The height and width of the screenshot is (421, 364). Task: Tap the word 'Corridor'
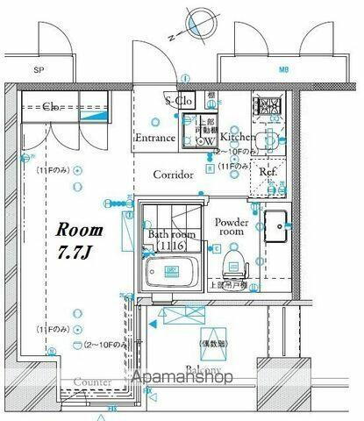pyautogui.click(x=173, y=175)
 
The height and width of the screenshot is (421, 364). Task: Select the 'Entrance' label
pyautogui.click(x=156, y=138)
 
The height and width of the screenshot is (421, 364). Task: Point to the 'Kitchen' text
pyautogui.click(x=238, y=138)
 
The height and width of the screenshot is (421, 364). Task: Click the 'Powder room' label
pyautogui.click(x=232, y=228)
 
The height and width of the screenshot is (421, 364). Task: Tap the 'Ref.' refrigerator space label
pyautogui.click(x=268, y=173)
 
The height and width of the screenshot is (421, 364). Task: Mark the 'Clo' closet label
pyautogui.click(x=51, y=106)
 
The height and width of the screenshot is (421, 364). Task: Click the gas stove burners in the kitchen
pyautogui.click(x=266, y=108)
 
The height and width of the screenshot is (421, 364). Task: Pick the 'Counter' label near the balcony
pyautogui.click(x=92, y=382)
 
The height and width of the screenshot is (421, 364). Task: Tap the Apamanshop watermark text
pyautogui.click(x=182, y=378)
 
